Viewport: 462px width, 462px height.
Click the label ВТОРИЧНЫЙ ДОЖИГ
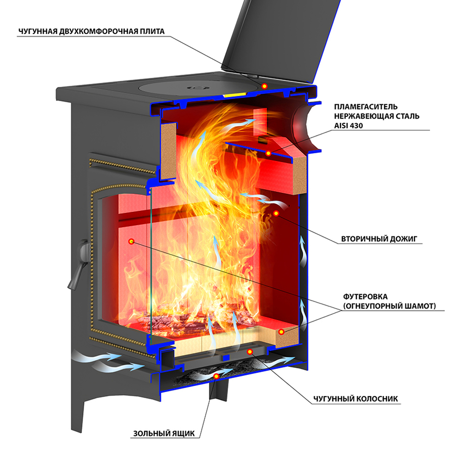tap(380, 240)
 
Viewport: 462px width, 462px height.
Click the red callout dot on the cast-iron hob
tap(264, 86)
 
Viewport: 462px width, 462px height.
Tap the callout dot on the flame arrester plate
tap(268, 153)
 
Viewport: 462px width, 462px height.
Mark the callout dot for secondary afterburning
tap(276, 214)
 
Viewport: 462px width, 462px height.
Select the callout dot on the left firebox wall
tap(131, 241)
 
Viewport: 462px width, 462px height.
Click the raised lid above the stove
tap(278, 37)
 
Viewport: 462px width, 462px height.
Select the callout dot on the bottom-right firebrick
tap(281, 332)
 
